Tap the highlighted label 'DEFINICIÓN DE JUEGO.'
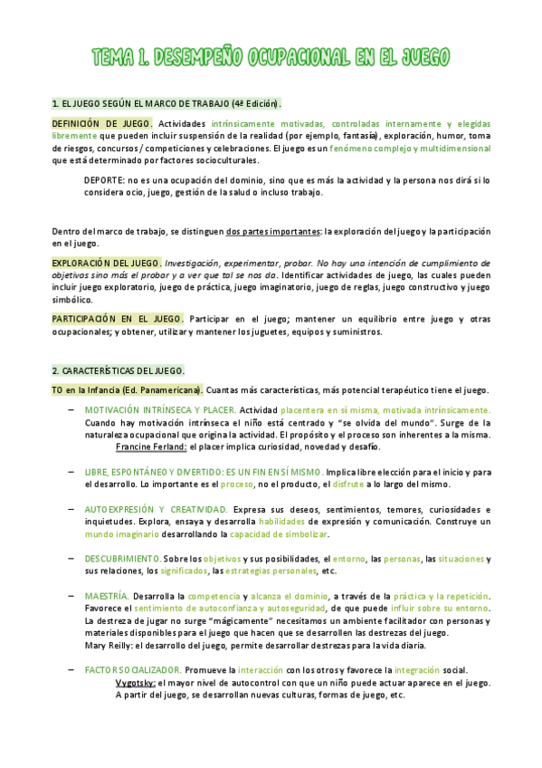pyautogui.click(x=101, y=122)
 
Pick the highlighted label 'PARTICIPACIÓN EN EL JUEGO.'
pyautogui.click(x=117, y=319)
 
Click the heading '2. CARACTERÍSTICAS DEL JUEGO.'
pyautogui.click(x=118, y=370)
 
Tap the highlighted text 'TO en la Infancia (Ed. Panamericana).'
pyautogui.click(x=127, y=390)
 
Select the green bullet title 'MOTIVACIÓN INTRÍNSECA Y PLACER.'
pyautogui.click(x=154, y=410)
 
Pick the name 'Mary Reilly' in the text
pyautogui.click(x=109, y=646)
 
